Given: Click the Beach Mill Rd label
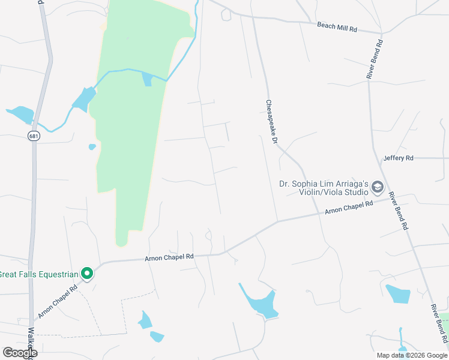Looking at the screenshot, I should (337, 26).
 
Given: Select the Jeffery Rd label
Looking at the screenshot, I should (399, 158).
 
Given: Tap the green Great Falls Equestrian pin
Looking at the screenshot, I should (87, 274).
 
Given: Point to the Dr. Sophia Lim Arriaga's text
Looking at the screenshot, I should (323, 184).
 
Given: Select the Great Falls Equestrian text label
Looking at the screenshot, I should (40, 275).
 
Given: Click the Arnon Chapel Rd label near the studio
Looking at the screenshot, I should (349, 208).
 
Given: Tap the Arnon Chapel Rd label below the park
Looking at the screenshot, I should (169, 257).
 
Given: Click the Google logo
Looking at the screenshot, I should (20, 353).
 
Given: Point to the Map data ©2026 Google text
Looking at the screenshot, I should (411, 355).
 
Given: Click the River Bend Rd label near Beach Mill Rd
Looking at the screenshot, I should (375, 59).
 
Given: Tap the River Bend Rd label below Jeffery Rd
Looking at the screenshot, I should (399, 211).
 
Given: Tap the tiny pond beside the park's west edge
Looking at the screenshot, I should (92, 146).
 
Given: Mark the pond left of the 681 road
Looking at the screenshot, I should (20, 114).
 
